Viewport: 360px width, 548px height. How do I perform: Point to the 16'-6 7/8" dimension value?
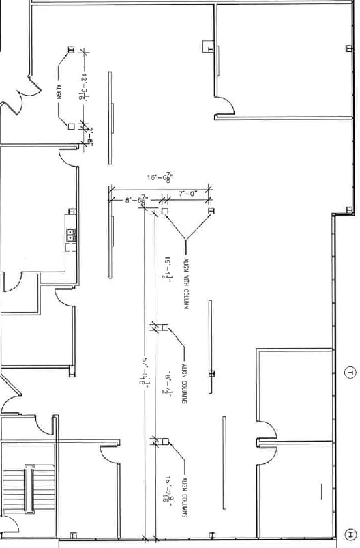(x=160, y=177)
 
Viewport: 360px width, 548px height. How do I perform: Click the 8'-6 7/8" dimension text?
(x=136, y=200)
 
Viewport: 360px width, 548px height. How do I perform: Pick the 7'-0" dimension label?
(x=187, y=194)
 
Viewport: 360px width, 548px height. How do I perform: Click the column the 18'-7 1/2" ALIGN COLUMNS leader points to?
(x=163, y=328)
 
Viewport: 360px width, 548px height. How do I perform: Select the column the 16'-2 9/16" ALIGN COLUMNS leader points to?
(x=163, y=440)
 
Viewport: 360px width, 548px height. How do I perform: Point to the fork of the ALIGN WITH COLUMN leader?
(x=185, y=238)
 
